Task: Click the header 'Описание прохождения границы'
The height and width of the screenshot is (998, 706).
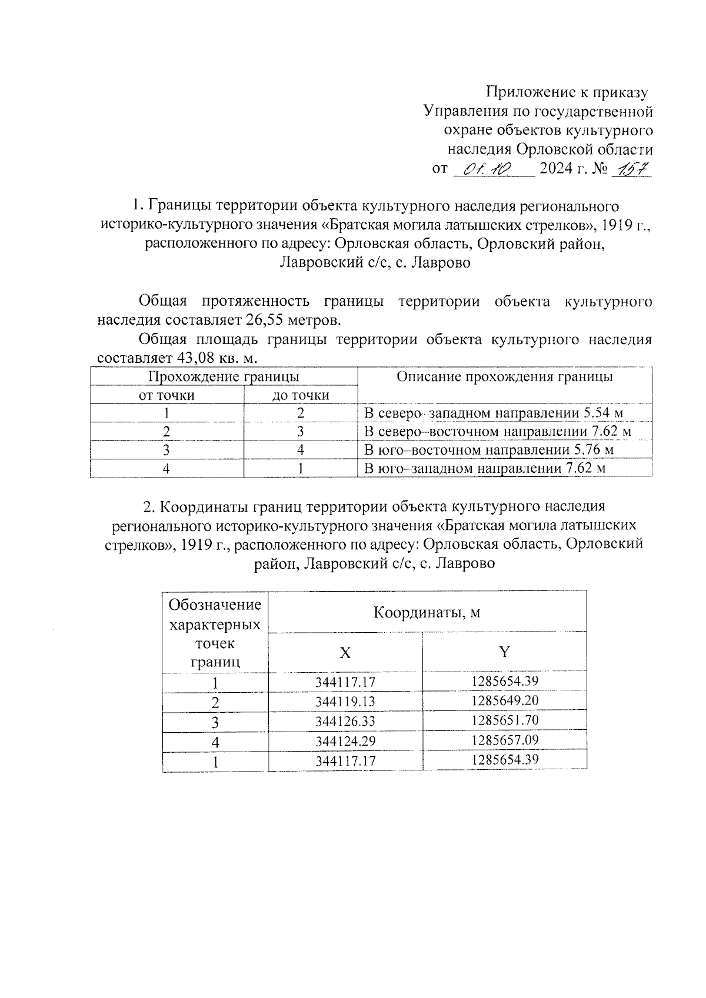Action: [x=504, y=377]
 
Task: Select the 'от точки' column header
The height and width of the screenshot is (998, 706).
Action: [x=166, y=395]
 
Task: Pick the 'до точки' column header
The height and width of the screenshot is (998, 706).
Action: [x=301, y=395]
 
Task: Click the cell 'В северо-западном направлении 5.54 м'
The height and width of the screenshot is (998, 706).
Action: [x=494, y=413]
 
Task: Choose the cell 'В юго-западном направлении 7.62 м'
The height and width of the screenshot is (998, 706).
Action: [x=485, y=469]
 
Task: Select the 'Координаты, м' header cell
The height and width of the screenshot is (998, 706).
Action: [x=427, y=612]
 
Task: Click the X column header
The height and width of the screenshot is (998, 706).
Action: [x=345, y=653]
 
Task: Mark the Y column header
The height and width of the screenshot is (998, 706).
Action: [x=504, y=652]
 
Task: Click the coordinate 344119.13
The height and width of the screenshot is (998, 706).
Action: [x=345, y=702]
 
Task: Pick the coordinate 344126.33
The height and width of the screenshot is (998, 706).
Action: [x=345, y=722]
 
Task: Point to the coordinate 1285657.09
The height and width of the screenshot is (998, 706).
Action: [x=505, y=740]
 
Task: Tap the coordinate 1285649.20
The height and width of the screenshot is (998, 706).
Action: [x=505, y=701]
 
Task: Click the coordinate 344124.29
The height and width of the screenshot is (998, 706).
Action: [x=345, y=742]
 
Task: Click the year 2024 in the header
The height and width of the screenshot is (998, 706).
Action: [x=557, y=169]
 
